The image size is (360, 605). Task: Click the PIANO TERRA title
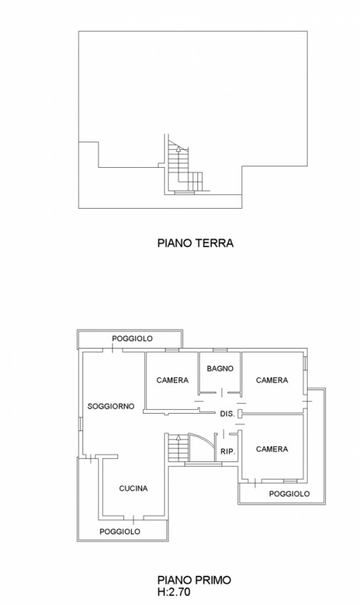pos(194,244)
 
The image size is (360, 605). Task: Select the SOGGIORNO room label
pos(111,406)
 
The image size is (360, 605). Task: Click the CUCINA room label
pos(133,488)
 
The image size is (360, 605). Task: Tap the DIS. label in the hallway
pos(226,414)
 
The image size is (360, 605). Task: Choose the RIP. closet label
pos(227,451)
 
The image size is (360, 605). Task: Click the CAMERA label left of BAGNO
pos(172,380)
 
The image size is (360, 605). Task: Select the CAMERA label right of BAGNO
pos(272,380)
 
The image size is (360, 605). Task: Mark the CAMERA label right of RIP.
pos(272,448)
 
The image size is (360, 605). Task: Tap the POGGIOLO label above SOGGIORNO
pos(129,338)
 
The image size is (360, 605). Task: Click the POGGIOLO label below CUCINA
pos(120,532)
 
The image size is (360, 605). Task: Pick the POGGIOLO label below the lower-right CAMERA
pos(290,493)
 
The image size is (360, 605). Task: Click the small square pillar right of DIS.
pos(241,414)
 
